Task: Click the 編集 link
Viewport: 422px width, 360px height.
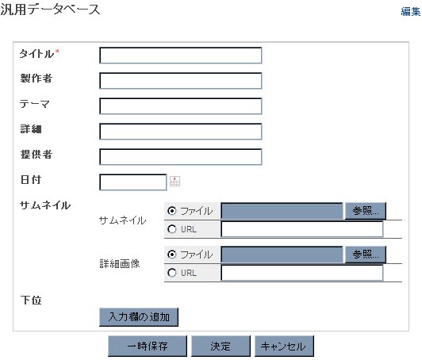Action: click(x=410, y=12)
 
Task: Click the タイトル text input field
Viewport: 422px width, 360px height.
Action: click(x=181, y=56)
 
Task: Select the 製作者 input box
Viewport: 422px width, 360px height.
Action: click(x=181, y=81)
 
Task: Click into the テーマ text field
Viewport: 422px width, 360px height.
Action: click(x=181, y=106)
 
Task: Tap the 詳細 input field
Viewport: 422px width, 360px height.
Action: click(x=181, y=132)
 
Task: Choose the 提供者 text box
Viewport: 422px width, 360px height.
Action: click(x=181, y=156)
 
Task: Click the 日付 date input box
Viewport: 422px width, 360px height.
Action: click(x=133, y=182)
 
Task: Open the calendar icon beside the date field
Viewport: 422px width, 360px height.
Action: click(x=175, y=182)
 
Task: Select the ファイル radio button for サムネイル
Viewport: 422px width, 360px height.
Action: click(x=171, y=211)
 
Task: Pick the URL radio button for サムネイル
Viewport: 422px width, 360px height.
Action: click(x=171, y=229)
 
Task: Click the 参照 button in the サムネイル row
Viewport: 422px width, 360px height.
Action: click(x=366, y=211)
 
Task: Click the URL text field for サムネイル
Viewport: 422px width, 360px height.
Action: click(x=302, y=229)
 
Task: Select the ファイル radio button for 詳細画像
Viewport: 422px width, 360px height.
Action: click(x=171, y=255)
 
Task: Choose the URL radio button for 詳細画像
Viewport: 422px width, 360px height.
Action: click(x=171, y=273)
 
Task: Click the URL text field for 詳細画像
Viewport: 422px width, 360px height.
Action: click(x=302, y=273)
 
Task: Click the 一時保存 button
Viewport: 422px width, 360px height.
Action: click(x=148, y=346)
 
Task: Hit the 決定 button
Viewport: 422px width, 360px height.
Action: click(x=221, y=346)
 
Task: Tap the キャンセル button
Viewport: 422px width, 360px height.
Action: click(x=284, y=346)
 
